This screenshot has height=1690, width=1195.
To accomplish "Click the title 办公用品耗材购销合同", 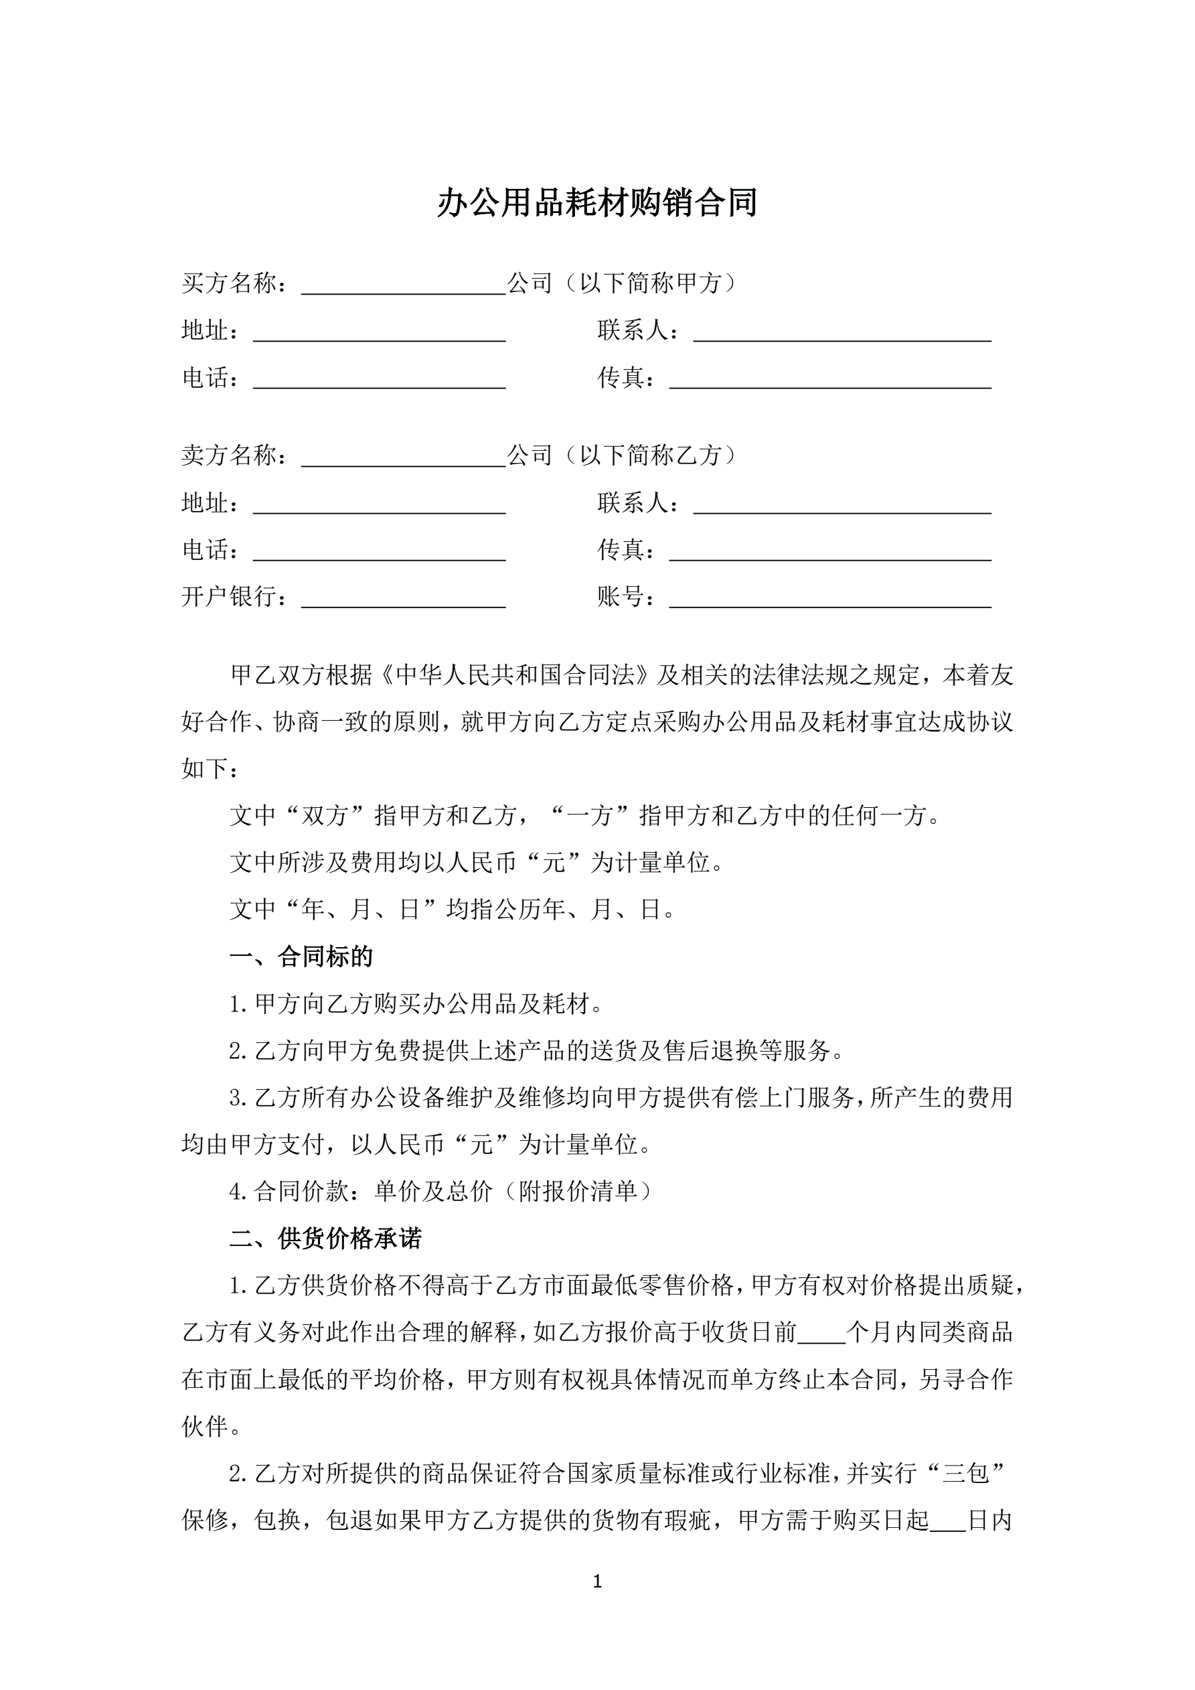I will (596, 203).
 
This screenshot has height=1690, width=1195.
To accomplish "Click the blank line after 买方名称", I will (403, 287).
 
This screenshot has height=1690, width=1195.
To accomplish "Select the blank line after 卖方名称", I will (403, 460).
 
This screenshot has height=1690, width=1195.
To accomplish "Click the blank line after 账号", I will (829, 601).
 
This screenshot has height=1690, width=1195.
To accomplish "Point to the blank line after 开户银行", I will (403, 601).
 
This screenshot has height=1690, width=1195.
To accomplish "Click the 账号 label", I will (625, 596).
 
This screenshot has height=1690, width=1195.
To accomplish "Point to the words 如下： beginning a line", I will (210, 768).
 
